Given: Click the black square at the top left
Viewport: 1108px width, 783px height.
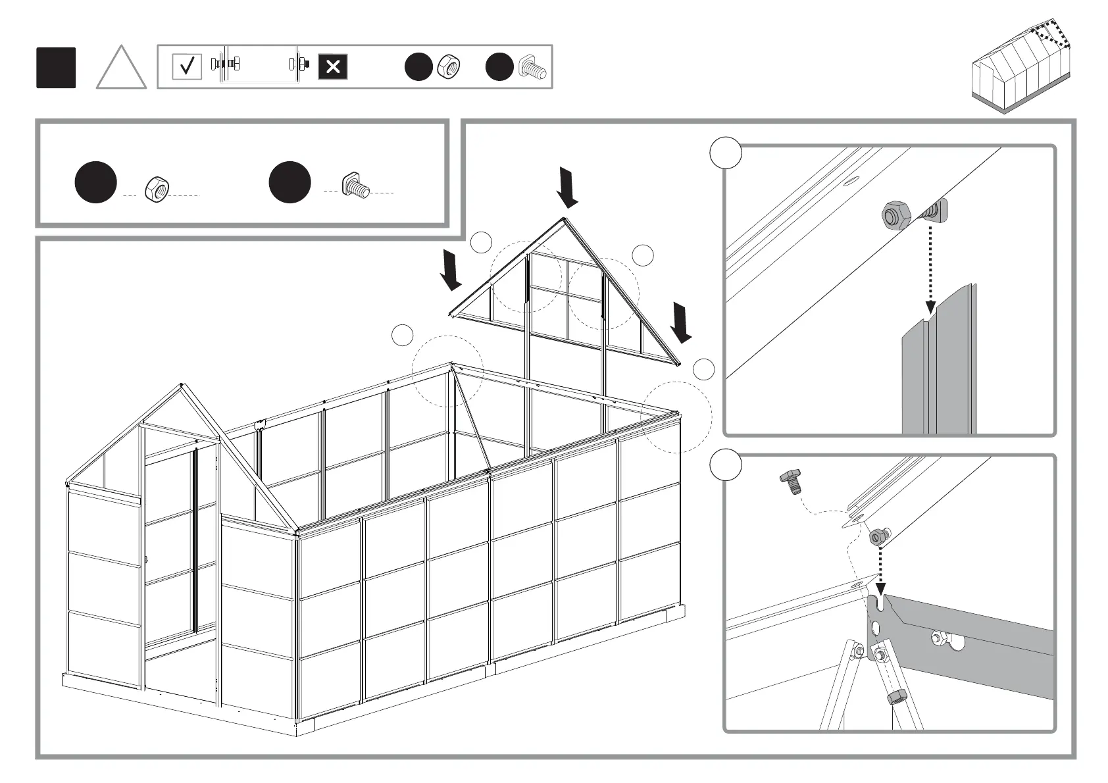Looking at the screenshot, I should (x=56, y=68).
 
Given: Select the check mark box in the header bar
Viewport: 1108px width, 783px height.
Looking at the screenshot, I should (x=187, y=66).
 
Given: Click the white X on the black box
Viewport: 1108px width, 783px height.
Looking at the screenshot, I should (x=333, y=66).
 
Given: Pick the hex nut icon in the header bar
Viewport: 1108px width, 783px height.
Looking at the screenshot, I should (x=449, y=67).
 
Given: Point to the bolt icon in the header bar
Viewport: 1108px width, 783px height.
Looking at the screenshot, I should (x=532, y=67).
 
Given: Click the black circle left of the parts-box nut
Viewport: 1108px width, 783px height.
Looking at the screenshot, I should (x=95, y=182).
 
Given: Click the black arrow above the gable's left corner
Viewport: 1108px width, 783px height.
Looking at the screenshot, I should (x=451, y=270).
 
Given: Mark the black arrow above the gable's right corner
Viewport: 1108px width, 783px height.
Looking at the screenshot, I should (x=681, y=322).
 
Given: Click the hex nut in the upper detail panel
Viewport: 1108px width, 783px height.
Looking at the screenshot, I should (x=895, y=215).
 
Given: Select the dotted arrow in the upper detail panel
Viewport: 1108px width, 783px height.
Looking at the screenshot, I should (x=930, y=270).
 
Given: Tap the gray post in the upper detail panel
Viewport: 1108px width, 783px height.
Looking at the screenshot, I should (x=938, y=368).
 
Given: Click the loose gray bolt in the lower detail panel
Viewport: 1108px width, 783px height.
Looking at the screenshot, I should (x=790, y=482).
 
